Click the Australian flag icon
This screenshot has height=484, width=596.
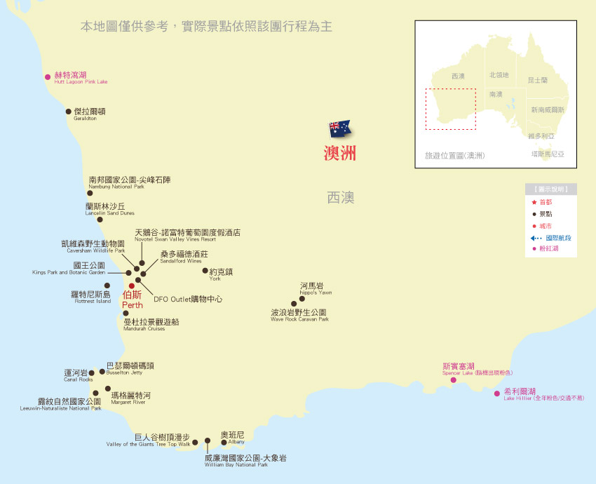pyautogui.click(x=339, y=128)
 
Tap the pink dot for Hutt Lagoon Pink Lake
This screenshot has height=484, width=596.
pyautogui.click(x=48, y=76)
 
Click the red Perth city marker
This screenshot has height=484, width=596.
pyautogui.click(x=131, y=285)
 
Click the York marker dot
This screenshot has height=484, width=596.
pyautogui.click(x=205, y=270)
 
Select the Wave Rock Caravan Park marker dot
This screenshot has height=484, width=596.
pyautogui.click(x=294, y=304)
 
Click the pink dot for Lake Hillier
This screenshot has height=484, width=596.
pyautogui.click(x=497, y=394)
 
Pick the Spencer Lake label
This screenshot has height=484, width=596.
pyautogui.click(x=459, y=368)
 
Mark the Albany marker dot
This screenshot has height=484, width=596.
pyautogui.click(x=224, y=442)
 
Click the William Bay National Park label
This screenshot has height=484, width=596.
pyautogui.click(x=245, y=459)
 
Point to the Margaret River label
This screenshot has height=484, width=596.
pyautogui.click(x=130, y=397)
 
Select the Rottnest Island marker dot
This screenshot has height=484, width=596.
pyautogui.click(x=107, y=285)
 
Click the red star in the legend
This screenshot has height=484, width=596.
pyautogui.click(x=534, y=203)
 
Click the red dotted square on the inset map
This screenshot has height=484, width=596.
pyautogui.click(x=450, y=109)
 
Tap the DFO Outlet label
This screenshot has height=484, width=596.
pyautogui.click(x=187, y=299)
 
